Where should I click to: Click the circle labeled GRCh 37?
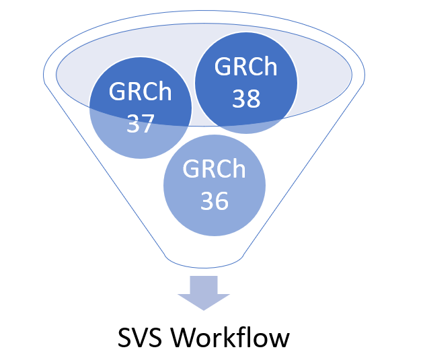point(140,111)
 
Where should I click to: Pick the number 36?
point(215,200)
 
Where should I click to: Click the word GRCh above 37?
point(140,93)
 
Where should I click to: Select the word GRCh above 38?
point(246,67)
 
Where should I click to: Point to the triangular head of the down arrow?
point(204,300)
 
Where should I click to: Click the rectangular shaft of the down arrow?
point(204,283)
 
